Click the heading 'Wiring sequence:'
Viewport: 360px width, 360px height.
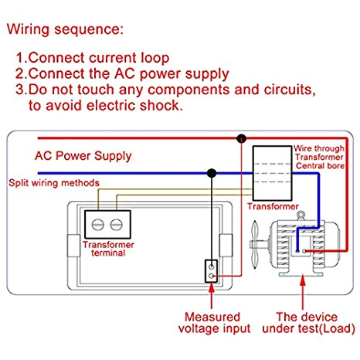pos(65,29)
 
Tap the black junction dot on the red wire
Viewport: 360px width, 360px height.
pos(241,139)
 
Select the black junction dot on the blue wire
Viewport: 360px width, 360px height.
pos(212,173)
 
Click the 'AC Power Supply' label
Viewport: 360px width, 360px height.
pos(83,156)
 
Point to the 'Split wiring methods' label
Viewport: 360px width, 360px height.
pos(54,183)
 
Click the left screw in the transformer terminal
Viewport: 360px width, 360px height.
pos(98,225)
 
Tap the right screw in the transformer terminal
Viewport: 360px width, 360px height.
pos(117,225)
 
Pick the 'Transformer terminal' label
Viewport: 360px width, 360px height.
pos(108,249)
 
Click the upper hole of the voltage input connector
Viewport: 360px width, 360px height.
pos(211,267)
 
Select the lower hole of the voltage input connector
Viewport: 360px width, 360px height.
pos(211,276)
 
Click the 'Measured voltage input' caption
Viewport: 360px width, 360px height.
pos(214,323)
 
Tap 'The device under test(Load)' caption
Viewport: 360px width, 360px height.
pos(308,323)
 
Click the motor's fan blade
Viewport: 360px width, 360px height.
pos(255,245)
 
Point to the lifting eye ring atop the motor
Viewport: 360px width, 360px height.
pos(301,214)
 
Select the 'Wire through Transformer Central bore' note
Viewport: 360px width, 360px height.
pos(319,157)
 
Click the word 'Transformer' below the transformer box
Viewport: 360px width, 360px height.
pos(273,206)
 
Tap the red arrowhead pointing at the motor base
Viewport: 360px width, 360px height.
pos(303,280)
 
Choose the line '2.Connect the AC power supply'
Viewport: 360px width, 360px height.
pos(122,74)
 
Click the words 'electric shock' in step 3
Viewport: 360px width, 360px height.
pos(134,106)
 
